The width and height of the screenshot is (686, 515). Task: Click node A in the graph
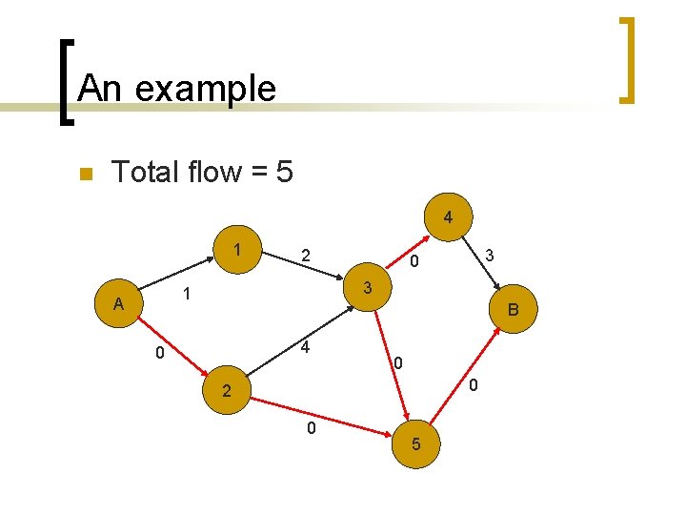click(118, 304)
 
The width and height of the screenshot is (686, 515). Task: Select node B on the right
click(514, 310)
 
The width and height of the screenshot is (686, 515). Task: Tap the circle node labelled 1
click(234, 250)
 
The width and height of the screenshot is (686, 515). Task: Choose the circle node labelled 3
click(367, 286)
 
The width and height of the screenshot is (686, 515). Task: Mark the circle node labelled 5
click(415, 444)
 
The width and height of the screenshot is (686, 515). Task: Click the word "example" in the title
click(205, 89)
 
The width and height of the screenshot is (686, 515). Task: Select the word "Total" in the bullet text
click(145, 172)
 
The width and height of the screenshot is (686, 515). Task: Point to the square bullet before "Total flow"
click(84, 174)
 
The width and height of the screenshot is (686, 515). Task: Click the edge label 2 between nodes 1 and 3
click(305, 256)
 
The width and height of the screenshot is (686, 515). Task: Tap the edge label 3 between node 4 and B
click(489, 256)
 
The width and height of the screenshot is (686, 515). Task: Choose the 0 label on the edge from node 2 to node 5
click(311, 428)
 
